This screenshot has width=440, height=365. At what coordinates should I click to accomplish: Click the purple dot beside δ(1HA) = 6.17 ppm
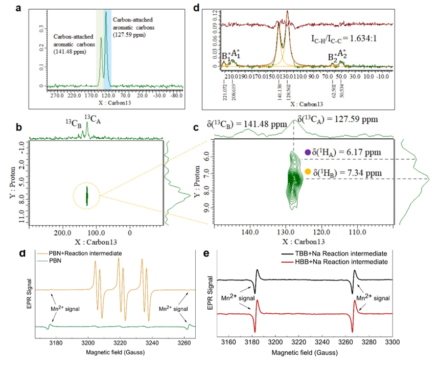click(x=308, y=152)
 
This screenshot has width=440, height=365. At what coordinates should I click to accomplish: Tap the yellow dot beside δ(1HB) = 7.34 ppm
click(x=308, y=172)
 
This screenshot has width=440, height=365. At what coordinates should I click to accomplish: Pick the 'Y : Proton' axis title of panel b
click(x=10, y=182)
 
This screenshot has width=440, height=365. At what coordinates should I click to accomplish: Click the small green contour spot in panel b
click(x=87, y=195)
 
